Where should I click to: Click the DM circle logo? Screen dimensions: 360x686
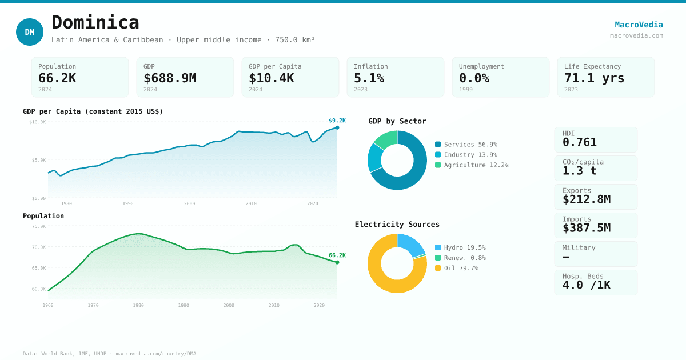(x=30, y=32)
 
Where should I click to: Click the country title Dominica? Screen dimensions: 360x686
(x=95, y=22)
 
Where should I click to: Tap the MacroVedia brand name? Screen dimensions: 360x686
(x=639, y=25)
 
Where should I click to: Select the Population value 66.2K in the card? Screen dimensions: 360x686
(x=57, y=78)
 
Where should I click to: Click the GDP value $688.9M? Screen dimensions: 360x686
(x=170, y=78)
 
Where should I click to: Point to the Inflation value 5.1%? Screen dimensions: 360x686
(x=369, y=78)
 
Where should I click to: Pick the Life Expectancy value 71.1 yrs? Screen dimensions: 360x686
(x=594, y=78)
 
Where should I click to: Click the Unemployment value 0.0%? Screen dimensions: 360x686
(x=474, y=78)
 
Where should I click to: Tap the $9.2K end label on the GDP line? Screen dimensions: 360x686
(x=337, y=121)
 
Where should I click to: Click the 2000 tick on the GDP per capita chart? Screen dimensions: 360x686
(x=189, y=203)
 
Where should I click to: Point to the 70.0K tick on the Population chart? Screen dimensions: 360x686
(x=38, y=247)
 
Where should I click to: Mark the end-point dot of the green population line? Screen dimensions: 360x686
(x=337, y=262)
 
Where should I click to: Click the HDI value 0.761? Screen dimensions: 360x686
(x=579, y=142)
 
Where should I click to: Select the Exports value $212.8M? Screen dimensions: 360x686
(x=586, y=199)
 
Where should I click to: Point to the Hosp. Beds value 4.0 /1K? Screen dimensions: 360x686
(x=586, y=285)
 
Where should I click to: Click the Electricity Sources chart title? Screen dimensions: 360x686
(x=397, y=225)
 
